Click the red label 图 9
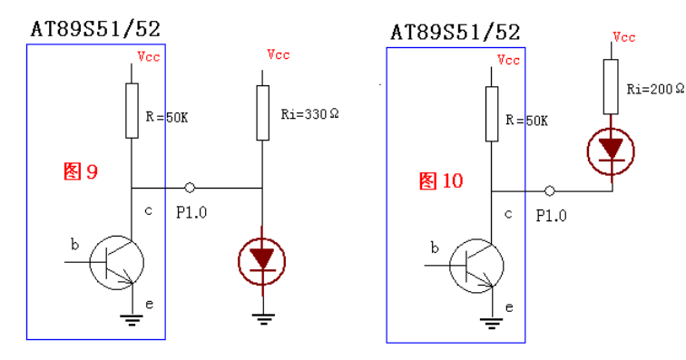(81, 171)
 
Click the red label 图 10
(441, 180)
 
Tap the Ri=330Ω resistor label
(309, 114)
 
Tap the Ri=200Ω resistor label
(655, 89)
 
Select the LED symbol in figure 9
(262, 261)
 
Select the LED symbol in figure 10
(611, 151)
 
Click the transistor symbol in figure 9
(117, 262)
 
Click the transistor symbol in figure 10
(477, 266)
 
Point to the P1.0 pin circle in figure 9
(190, 188)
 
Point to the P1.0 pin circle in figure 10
(550, 190)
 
